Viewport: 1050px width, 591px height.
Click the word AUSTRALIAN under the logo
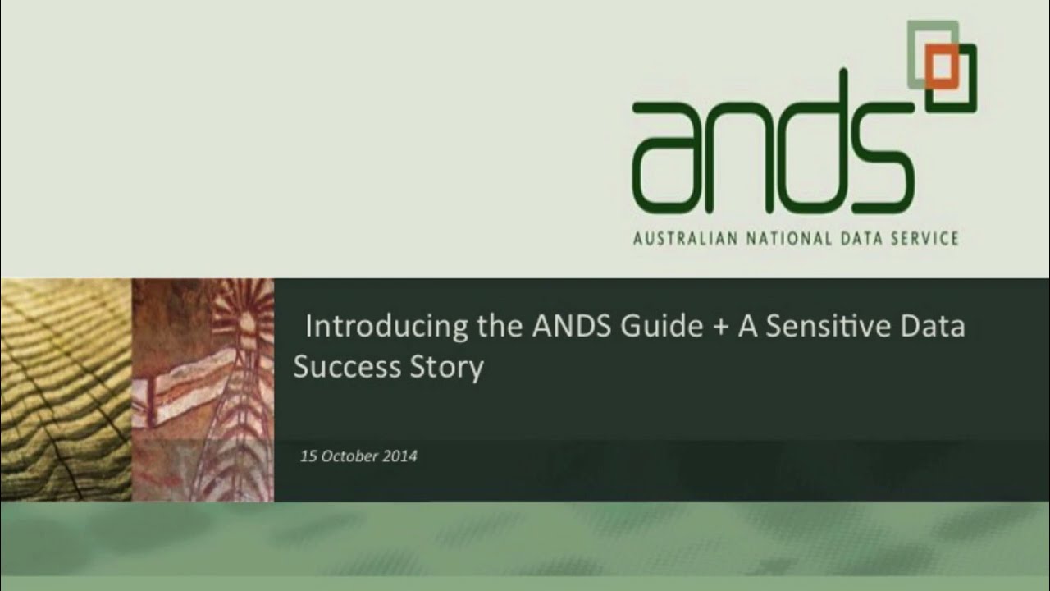[684, 239]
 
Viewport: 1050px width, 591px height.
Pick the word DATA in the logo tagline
[859, 239]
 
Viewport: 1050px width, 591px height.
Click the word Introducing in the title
[387, 327]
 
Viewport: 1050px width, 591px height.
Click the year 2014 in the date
[399, 456]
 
